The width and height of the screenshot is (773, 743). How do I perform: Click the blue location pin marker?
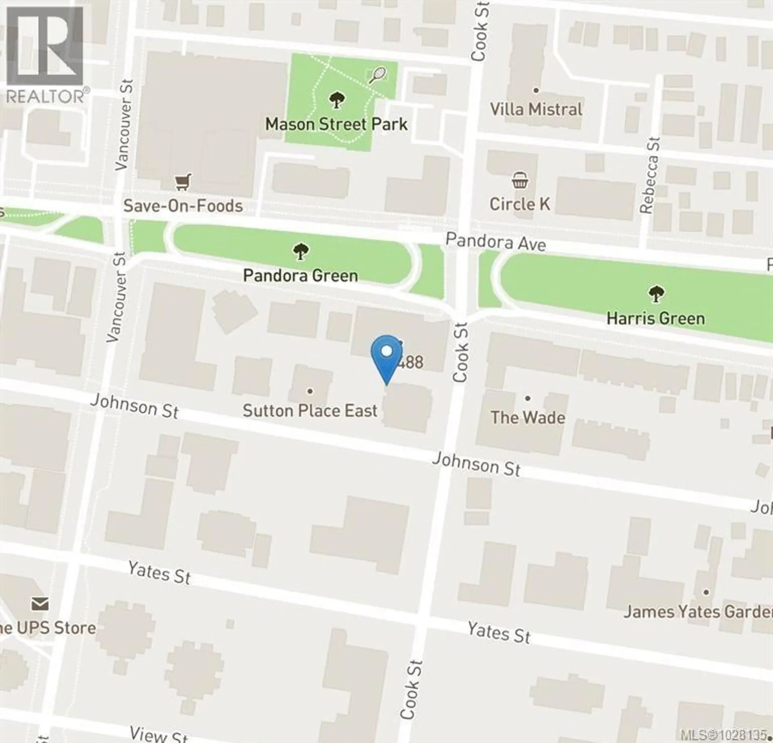pyautogui.click(x=386, y=356)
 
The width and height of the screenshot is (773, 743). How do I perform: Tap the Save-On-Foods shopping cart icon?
pyautogui.click(x=183, y=182)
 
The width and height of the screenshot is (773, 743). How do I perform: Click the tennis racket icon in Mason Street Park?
pyautogui.click(x=377, y=75)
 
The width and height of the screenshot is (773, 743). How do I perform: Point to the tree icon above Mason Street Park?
pyautogui.click(x=336, y=100)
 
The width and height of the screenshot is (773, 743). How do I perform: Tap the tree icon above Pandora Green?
pyautogui.click(x=300, y=252)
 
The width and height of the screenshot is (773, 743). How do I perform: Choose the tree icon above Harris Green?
pyautogui.click(x=656, y=294)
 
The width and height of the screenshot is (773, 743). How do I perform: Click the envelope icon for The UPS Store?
pyautogui.click(x=40, y=604)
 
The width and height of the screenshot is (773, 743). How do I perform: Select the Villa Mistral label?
pyautogui.click(x=536, y=110)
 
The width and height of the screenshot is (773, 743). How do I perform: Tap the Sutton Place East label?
pyautogui.click(x=310, y=411)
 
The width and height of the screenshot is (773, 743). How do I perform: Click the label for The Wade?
pyautogui.click(x=528, y=417)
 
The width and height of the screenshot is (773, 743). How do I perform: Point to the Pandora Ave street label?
pyautogui.click(x=496, y=242)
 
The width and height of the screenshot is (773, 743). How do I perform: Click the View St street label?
pyautogui.click(x=159, y=734)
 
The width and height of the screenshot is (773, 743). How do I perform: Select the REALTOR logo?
pyautogui.click(x=45, y=54)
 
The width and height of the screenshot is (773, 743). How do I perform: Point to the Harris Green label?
pyautogui.click(x=655, y=319)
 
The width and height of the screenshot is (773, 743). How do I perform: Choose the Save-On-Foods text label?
pyautogui.click(x=183, y=206)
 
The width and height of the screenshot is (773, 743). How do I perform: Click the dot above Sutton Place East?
pyautogui.click(x=310, y=391)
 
